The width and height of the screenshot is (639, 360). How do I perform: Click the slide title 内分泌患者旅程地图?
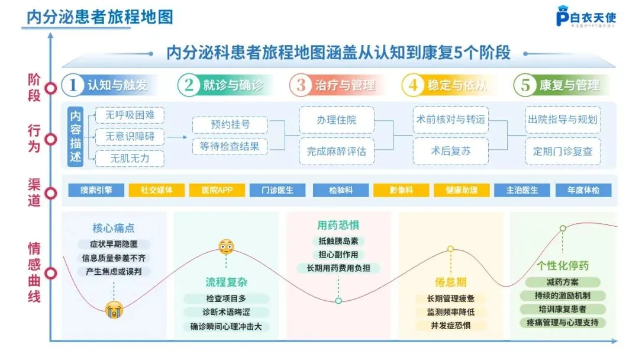point(99,17)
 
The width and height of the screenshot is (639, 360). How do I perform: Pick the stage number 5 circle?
point(525,85)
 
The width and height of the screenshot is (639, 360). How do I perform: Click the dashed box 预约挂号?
point(230,125)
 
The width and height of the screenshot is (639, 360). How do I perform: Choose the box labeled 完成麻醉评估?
point(337,151)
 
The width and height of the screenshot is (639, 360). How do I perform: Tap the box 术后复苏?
point(451,151)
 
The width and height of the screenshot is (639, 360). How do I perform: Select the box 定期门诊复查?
point(563,151)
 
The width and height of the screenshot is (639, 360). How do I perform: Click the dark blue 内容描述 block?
point(76,137)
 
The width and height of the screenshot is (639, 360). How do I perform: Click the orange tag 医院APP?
point(217,191)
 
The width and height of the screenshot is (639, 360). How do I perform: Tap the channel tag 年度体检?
point(583,191)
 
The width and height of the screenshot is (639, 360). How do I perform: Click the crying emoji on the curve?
point(114,309)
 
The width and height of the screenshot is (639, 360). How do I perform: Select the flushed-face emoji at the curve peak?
point(226,246)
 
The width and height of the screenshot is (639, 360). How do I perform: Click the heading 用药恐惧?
point(338,226)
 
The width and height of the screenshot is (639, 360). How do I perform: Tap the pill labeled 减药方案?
point(563,282)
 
